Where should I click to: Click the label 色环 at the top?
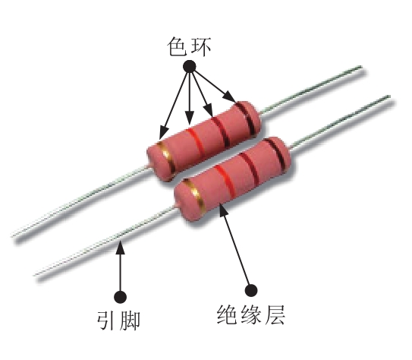point(189,47)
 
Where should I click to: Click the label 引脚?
point(118,320)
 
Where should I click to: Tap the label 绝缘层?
point(251,314)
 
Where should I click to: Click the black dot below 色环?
point(189,67)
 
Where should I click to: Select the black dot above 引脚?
point(121,297)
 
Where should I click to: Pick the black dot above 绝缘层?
point(251,290)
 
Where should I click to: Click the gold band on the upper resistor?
point(166,159)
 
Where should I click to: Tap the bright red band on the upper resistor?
point(196,143)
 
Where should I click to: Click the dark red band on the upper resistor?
point(221,131)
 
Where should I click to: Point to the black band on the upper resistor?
point(245,118)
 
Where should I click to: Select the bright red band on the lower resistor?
point(225,182)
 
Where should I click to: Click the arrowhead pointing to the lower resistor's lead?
point(121,247)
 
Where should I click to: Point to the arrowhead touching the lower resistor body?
point(223,209)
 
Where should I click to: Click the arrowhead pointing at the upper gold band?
point(164,132)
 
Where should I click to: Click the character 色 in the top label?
point(177,47)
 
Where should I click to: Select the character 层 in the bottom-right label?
point(275,314)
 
